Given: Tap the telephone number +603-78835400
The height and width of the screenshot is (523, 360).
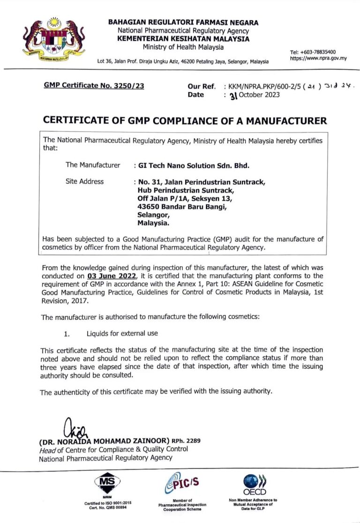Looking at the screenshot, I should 313,52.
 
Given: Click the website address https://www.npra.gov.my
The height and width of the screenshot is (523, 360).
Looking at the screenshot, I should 318,59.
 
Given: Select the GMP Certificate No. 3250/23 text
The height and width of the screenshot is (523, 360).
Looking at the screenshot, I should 94,86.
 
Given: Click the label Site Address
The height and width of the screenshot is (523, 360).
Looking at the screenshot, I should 85,181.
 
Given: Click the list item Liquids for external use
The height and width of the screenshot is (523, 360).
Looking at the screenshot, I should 122,333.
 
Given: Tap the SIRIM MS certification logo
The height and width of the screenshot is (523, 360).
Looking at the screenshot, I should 108,482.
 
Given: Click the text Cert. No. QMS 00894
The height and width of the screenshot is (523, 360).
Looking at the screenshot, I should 108,507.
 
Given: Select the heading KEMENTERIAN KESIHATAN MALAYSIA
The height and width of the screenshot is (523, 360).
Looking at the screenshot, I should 183,39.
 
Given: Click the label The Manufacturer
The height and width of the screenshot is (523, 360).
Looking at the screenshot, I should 93,165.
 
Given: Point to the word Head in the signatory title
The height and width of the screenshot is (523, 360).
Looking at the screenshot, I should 48,449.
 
